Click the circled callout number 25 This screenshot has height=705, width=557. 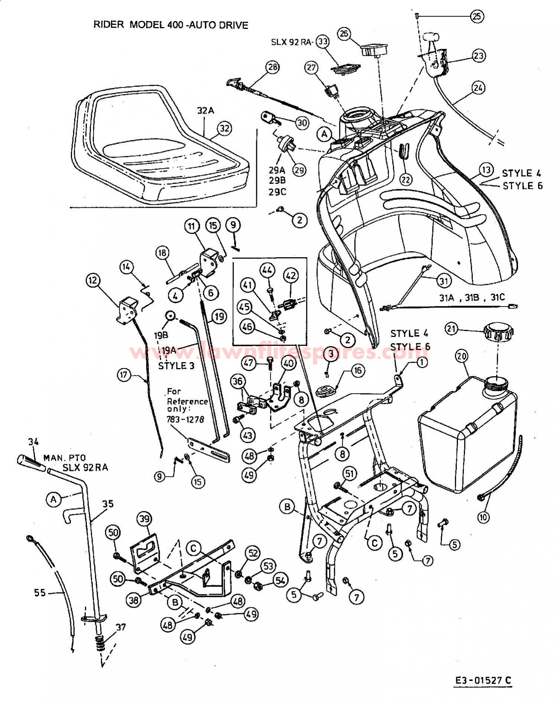[x=477, y=16]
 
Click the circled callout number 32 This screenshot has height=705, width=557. [x=224, y=129]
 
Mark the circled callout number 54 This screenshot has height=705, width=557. [x=280, y=580]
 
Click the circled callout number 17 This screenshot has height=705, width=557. [x=124, y=375]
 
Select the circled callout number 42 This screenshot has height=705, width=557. [x=290, y=276]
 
